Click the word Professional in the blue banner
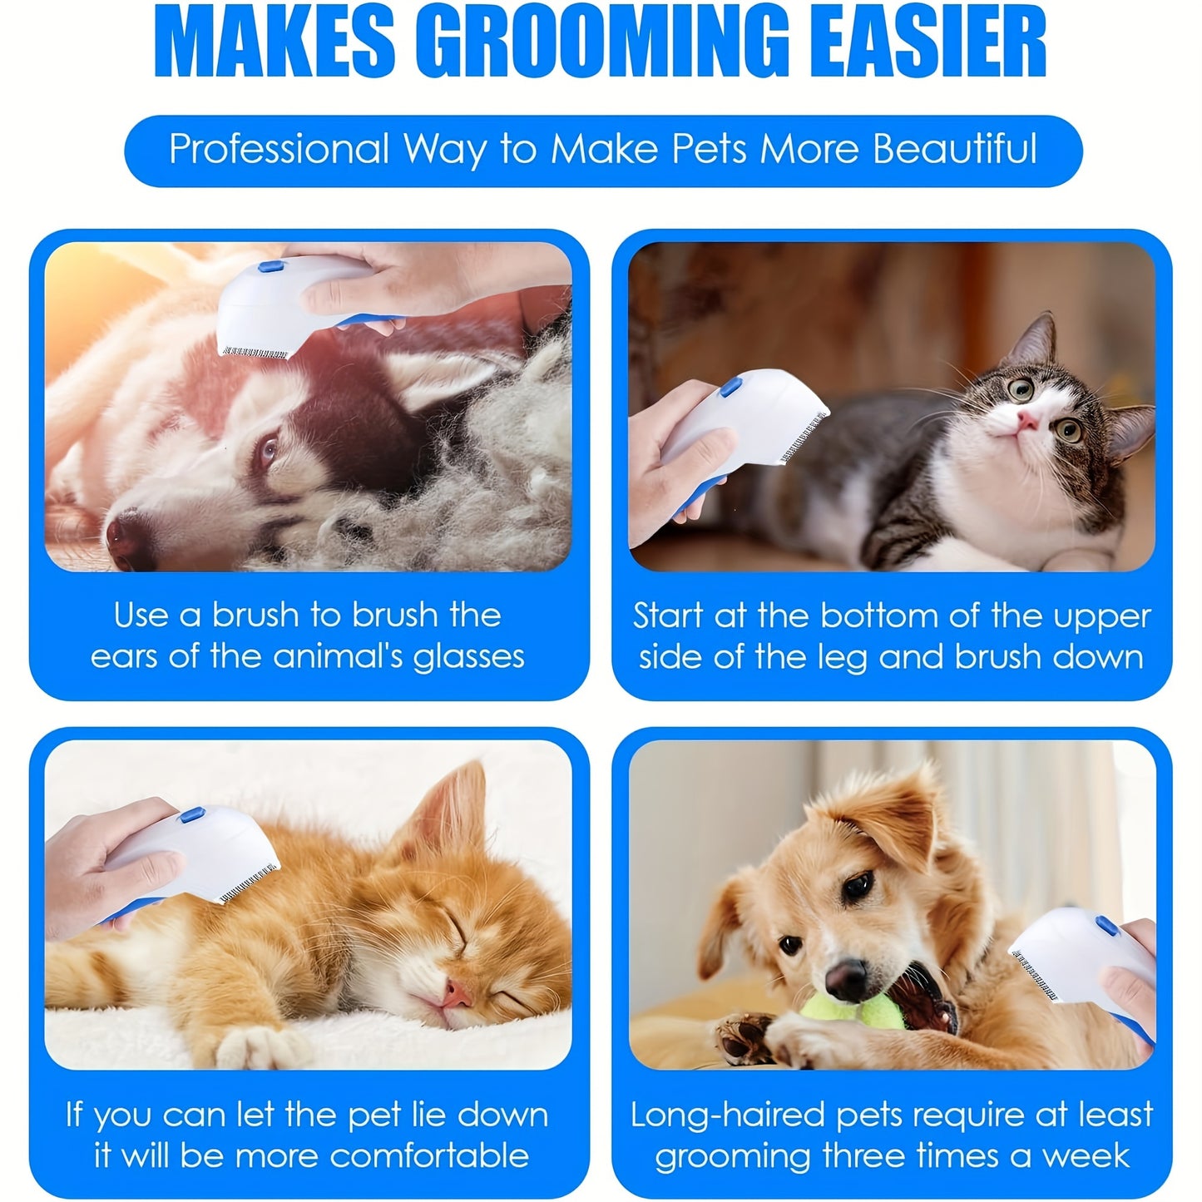click(279, 150)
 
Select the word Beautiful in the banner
click(955, 150)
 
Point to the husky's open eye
click(268, 450)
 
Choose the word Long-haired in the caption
click(729, 1115)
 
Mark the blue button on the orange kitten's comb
click(193, 818)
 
